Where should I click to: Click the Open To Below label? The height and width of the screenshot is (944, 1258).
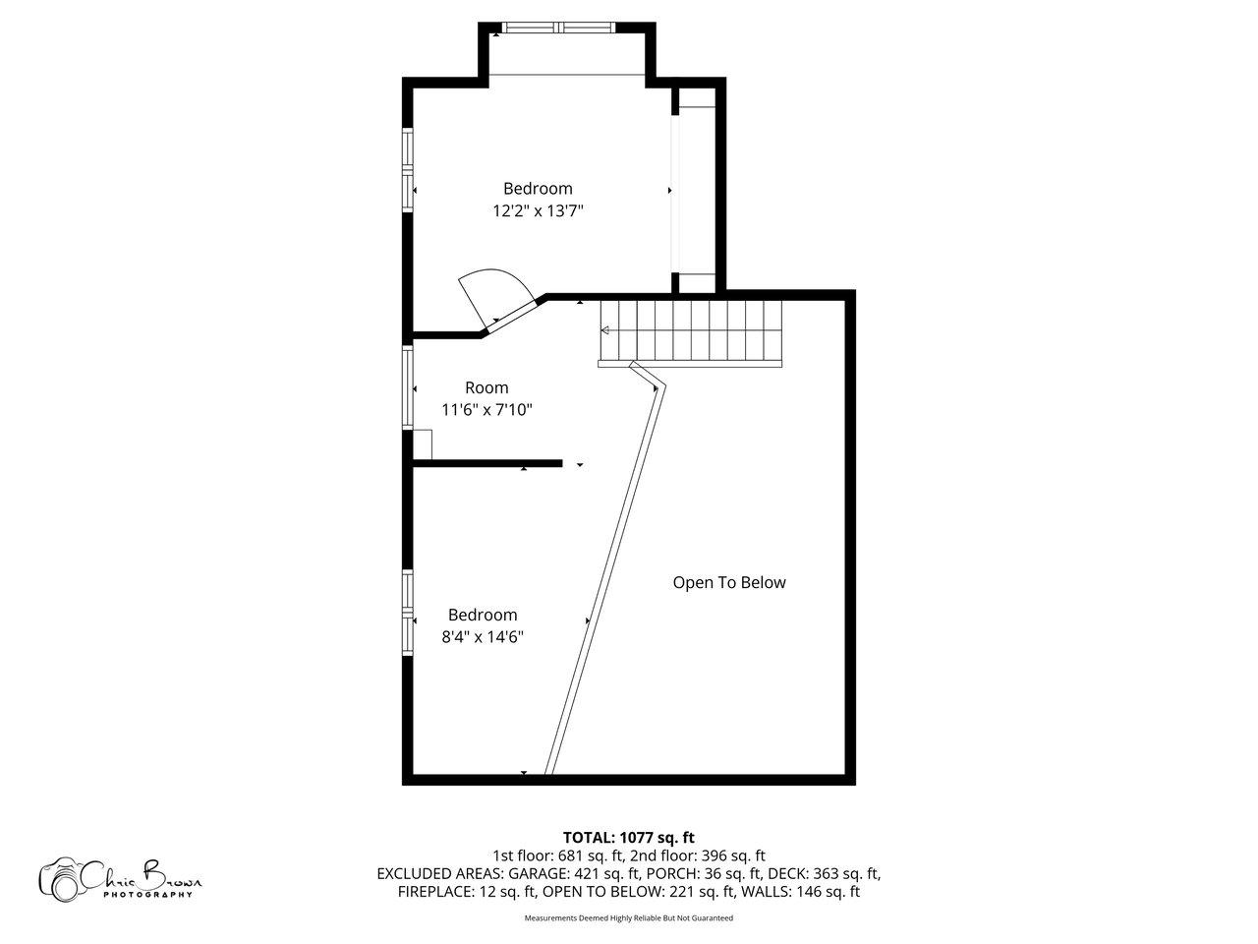pos(729,583)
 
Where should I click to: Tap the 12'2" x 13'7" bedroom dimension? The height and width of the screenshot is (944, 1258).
pos(538,211)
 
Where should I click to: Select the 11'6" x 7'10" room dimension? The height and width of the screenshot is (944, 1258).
pos(486,410)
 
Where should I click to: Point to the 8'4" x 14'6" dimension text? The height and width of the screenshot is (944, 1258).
pos(483,637)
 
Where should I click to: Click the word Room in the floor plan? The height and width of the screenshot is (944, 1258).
pos(486,387)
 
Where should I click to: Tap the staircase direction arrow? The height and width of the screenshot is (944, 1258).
pos(604,330)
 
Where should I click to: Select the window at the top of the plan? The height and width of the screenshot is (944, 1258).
pos(559,27)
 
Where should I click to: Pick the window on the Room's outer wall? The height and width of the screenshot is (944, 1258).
pos(408,387)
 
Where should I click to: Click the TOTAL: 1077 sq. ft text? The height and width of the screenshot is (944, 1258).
pos(629,838)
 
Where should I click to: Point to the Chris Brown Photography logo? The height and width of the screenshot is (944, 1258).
pos(120,880)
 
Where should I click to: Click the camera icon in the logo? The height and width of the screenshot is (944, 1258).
pos(60,880)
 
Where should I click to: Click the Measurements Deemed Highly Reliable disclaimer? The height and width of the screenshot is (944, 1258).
pos(629,918)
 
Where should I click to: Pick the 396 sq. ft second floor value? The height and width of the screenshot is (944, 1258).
pos(733,856)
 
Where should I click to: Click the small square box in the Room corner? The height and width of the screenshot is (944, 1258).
pos(423,444)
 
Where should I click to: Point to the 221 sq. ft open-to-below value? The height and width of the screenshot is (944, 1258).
pos(703,892)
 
